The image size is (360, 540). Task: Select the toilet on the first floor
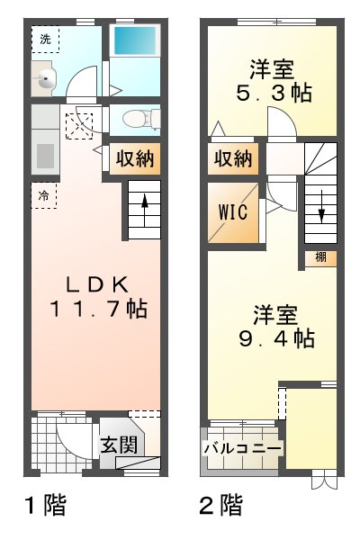(x=138, y=119)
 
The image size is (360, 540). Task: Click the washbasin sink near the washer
(x=44, y=80)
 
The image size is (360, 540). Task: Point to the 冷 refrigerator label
(x=42, y=193)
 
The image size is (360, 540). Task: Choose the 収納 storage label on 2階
(x=233, y=159)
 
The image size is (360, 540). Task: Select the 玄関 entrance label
(x=118, y=445)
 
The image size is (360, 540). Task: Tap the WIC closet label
(x=232, y=214)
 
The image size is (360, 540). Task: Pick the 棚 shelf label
(x=321, y=258)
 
